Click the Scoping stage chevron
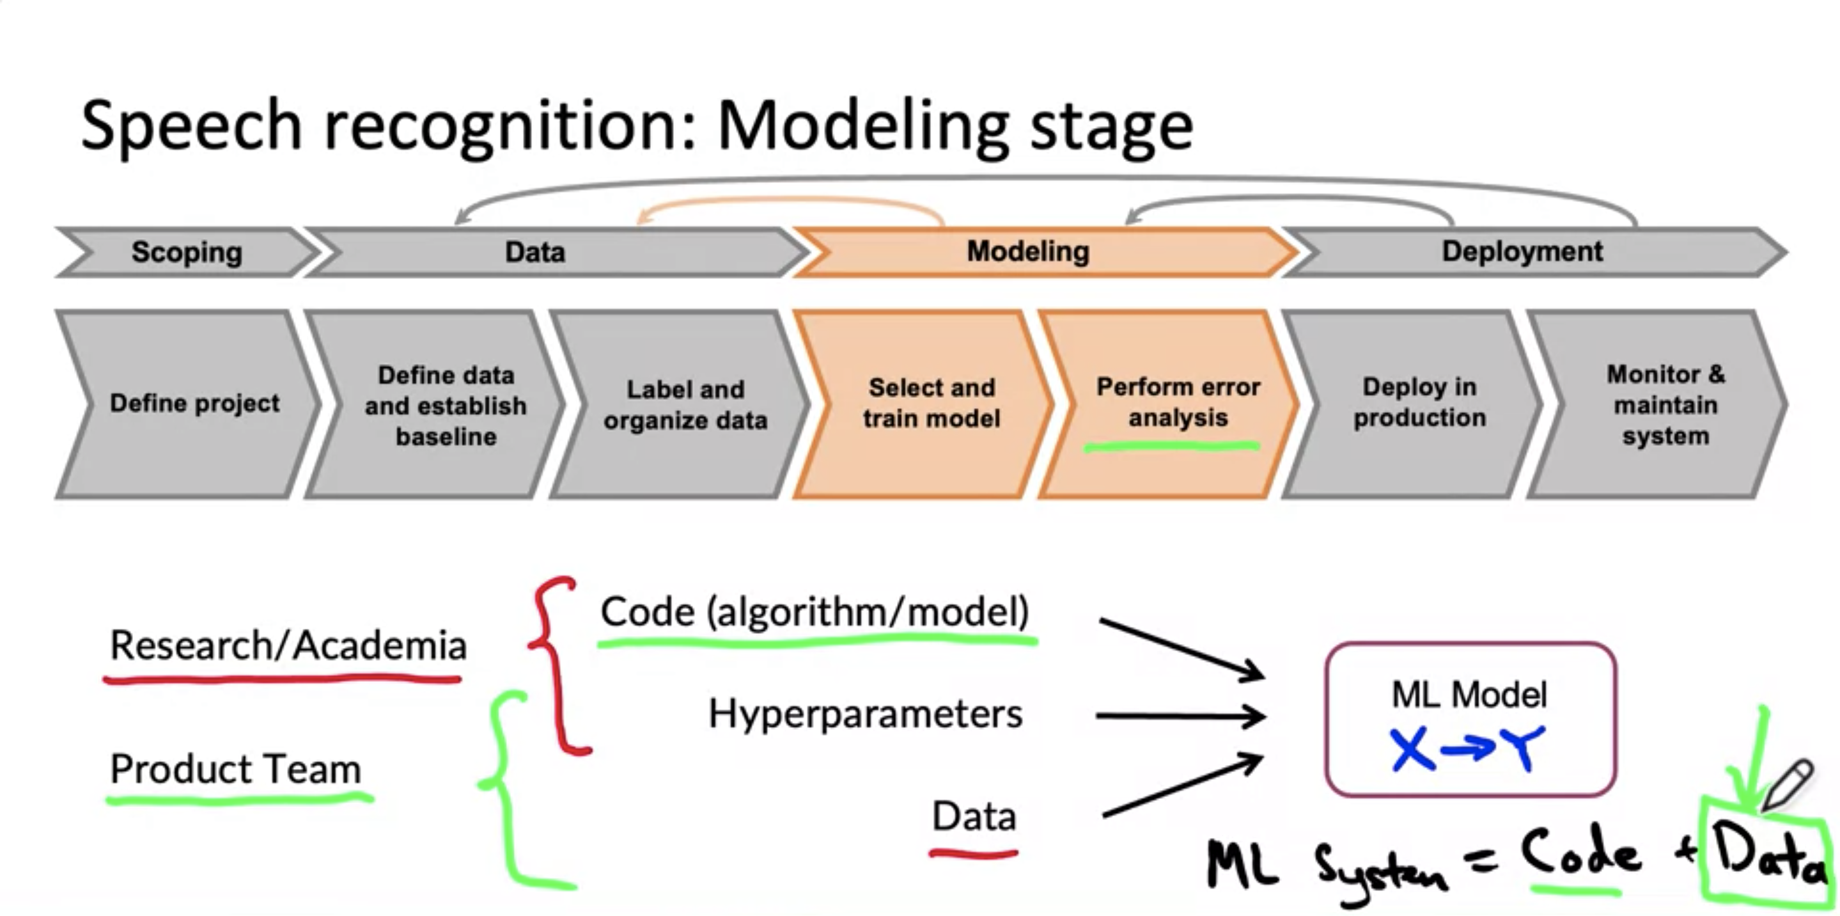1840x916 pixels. coord(187,252)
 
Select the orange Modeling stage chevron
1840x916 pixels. coord(1029,252)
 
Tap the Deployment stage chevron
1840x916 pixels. coord(1522,252)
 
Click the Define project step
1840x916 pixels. coord(194,404)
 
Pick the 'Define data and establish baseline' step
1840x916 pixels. coord(446,405)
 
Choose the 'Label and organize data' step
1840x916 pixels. coord(685,405)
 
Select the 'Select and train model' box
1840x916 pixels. coord(932,404)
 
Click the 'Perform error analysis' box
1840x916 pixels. coord(1178,402)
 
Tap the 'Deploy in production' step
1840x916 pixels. coord(1419,402)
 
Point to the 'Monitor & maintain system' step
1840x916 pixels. coord(1665,405)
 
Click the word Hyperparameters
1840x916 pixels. coord(865,714)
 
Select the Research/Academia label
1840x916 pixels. coord(288,646)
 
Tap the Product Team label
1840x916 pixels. coord(236,770)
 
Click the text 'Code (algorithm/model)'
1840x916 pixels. coord(815,612)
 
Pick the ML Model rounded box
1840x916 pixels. coord(1470,719)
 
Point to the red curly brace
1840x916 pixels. coord(557,665)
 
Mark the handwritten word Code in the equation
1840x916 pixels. coord(1579,855)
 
